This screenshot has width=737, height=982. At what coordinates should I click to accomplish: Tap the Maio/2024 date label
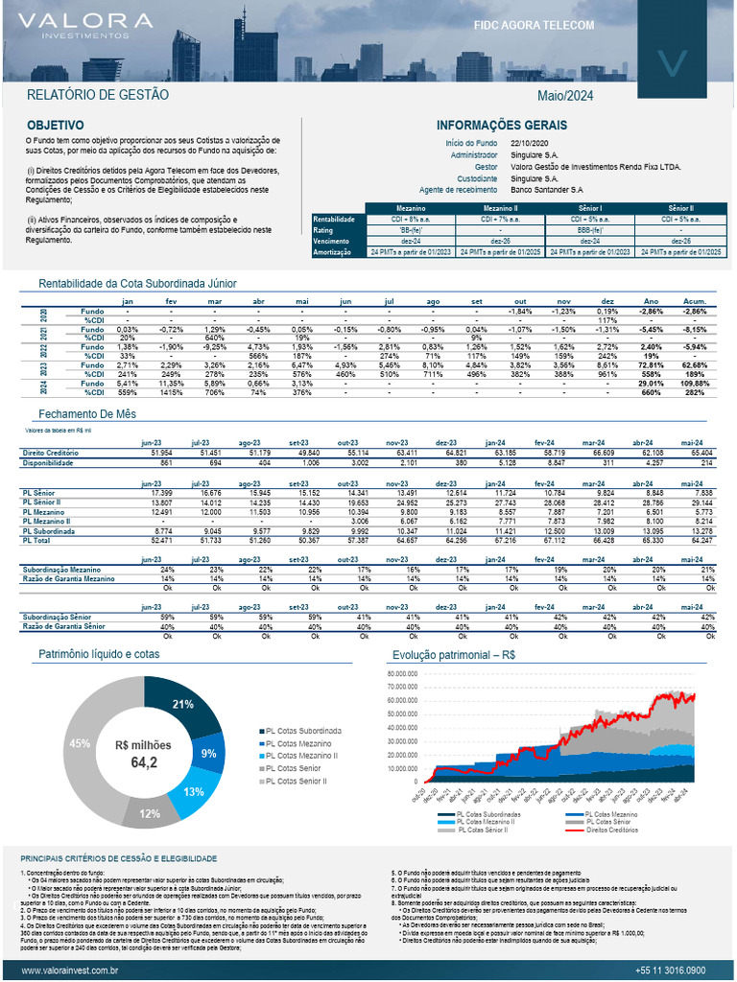pyautogui.click(x=565, y=95)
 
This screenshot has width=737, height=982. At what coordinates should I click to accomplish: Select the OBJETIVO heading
pyautogui.click(x=55, y=126)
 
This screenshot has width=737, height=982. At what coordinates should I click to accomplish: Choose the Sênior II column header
pyautogui.click(x=682, y=208)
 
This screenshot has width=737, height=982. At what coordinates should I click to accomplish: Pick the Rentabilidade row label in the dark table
pyautogui.click(x=335, y=220)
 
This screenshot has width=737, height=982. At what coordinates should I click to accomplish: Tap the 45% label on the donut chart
pyautogui.click(x=80, y=743)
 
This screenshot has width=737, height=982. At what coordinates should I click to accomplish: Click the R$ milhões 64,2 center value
pyautogui.click(x=143, y=755)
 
